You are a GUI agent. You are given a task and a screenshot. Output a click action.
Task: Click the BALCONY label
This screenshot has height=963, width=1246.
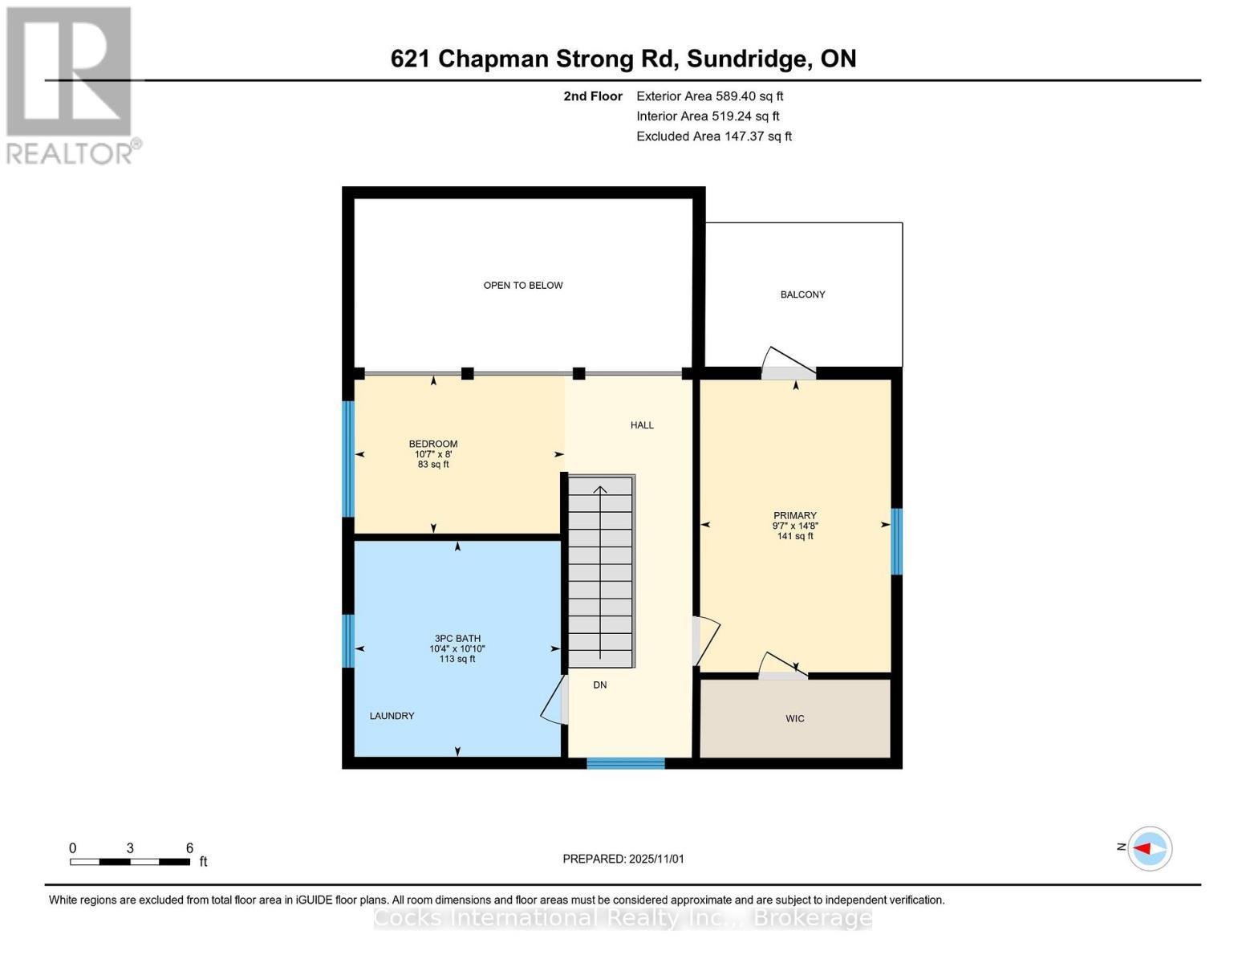[x=802, y=295]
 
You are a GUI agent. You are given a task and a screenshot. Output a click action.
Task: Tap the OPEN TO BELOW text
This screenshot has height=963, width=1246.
[x=522, y=285]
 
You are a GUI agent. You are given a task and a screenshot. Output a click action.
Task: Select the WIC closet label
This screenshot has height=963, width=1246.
[x=794, y=718]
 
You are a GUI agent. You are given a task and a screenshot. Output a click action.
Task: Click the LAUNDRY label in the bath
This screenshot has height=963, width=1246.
[x=392, y=716]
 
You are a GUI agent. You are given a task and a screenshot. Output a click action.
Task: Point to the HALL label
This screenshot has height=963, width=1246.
[x=642, y=425]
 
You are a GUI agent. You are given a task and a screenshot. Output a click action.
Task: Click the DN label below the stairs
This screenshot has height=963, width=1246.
[x=599, y=685]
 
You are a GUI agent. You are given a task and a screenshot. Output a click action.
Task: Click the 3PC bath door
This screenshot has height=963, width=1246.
[x=554, y=700]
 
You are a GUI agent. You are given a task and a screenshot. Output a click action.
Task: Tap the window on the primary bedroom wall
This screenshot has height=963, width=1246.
[x=897, y=542]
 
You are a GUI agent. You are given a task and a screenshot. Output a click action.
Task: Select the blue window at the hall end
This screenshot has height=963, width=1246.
[x=625, y=763]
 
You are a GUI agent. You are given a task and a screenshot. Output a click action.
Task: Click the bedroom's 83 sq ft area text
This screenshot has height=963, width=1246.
[x=433, y=465]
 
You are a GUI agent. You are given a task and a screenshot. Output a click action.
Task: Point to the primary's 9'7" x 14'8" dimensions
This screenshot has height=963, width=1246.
[x=794, y=526]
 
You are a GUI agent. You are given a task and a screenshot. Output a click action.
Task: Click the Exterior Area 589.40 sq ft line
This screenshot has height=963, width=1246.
[x=709, y=96]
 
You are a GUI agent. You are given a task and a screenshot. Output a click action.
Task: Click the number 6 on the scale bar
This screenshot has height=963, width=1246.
[x=189, y=848]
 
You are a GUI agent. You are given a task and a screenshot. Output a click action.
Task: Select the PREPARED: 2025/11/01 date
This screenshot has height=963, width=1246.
[x=623, y=859]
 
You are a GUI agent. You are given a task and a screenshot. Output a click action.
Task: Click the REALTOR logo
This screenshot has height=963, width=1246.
[x=71, y=84]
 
